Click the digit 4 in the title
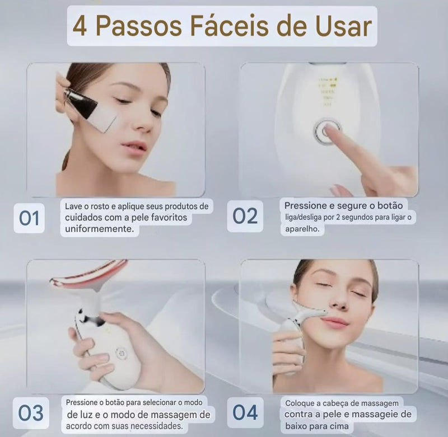click(x=80, y=26)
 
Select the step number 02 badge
click(x=245, y=216)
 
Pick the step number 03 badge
click(x=31, y=412)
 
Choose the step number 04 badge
click(x=245, y=412)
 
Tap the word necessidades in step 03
click(x=158, y=426)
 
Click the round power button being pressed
click(x=326, y=131)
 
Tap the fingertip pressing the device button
click(x=332, y=129)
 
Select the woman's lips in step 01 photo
click(x=134, y=147)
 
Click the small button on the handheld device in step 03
click(x=120, y=353)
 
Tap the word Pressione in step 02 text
click(x=307, y=205)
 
